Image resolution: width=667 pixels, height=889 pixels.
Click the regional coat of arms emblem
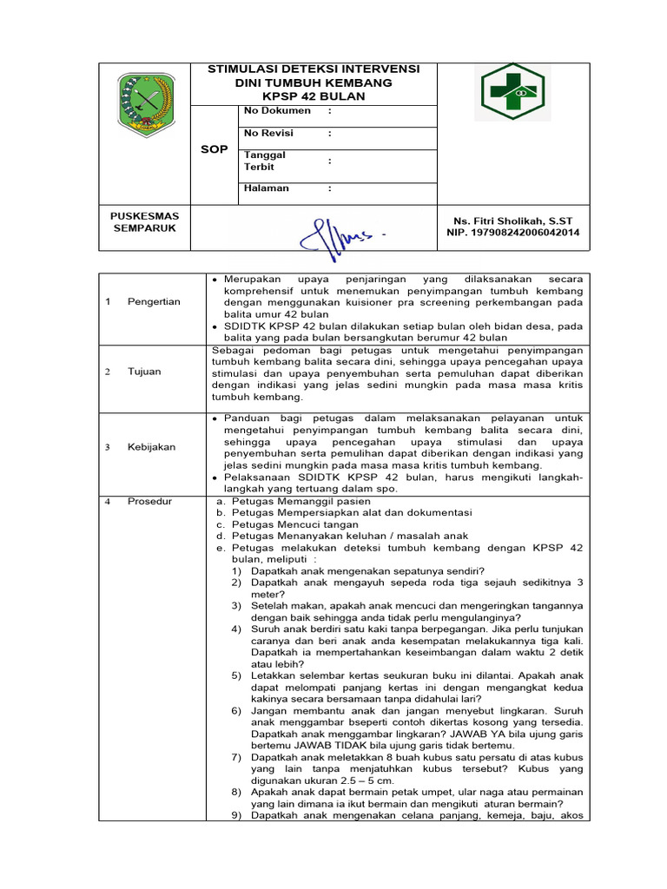(144, 105)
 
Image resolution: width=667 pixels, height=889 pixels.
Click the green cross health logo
(512, 93)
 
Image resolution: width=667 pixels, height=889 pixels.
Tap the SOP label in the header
(214, 149)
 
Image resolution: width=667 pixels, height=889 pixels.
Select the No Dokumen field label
(277, 111)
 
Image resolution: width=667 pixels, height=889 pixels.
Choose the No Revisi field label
(268, 133)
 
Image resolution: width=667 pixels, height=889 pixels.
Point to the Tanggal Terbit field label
(265, 161)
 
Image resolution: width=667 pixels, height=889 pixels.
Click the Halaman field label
(267, 188)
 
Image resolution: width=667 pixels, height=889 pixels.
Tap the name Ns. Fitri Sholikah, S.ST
(514, 221)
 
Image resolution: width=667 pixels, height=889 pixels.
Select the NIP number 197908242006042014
(513, 233)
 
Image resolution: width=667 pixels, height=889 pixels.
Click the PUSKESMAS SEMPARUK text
(144, 222)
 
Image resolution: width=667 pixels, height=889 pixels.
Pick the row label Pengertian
(154, 301)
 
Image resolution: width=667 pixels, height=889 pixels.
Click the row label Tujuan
(144, 372)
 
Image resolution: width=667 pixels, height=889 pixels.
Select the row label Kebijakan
(151, 447)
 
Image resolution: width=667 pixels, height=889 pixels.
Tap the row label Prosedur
(149, 501)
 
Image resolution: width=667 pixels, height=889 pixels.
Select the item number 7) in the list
(237, 757)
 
